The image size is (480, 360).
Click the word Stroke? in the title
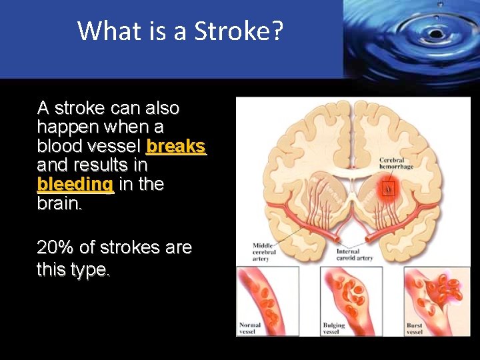pyautogui.click(x=239, y=31)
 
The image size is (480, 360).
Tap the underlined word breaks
pyautogui.click(x=176, y=145)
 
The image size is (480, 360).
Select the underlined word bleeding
pyautogui.click(x=75, y=183)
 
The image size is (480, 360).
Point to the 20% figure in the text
pyautogui.click(x=55, y=248)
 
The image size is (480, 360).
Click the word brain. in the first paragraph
pyautogui.click(x=61, y=203)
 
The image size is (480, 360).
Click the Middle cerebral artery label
pyautogui.click(x=262, y=252)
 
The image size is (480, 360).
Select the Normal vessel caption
pyautogui.click(x=250, y=328)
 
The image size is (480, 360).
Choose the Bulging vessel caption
pyautogui.click(x=334, y=328)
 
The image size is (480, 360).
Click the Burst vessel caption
pyautogui.click(x=415, y=328)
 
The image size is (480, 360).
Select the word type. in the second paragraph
pyautogui.click(x=91, y=270)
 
